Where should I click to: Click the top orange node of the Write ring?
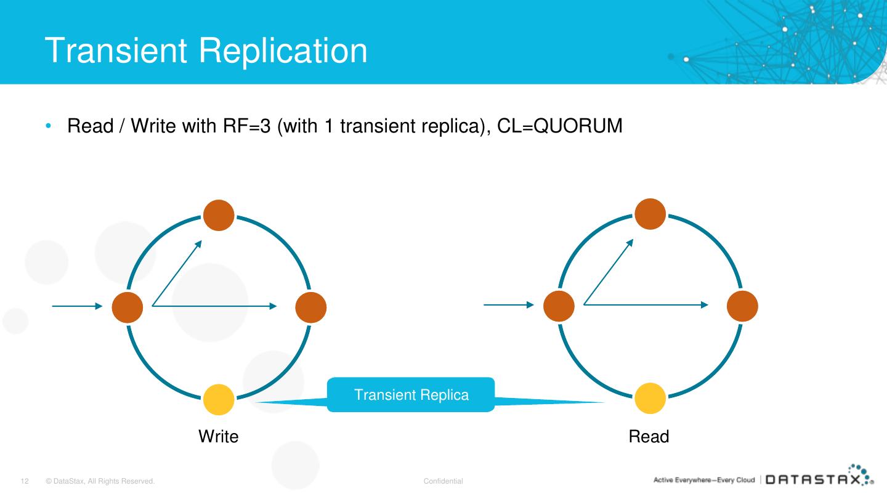tap(219, 216)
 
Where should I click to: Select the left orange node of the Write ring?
tap(128, 306)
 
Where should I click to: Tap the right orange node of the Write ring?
tap(310, 306)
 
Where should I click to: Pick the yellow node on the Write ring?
tap(219, 399)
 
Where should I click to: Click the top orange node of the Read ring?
tap(650, 215)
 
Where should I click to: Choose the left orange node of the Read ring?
tap(559, 306)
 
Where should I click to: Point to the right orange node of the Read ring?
tap(742, 306)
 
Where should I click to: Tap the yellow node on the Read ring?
tap(650, 398)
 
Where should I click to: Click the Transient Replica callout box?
tap(411, 395)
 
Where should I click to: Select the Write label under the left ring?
tap(218, 437)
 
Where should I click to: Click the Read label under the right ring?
tap(649, 437)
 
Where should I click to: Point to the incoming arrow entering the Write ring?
tap(77, 306)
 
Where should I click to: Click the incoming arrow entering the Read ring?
tap(508, 304)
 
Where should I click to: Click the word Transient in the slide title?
tap(116, 50)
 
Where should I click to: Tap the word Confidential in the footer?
tap(443, 481)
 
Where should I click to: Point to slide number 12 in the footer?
tap(25, 481)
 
